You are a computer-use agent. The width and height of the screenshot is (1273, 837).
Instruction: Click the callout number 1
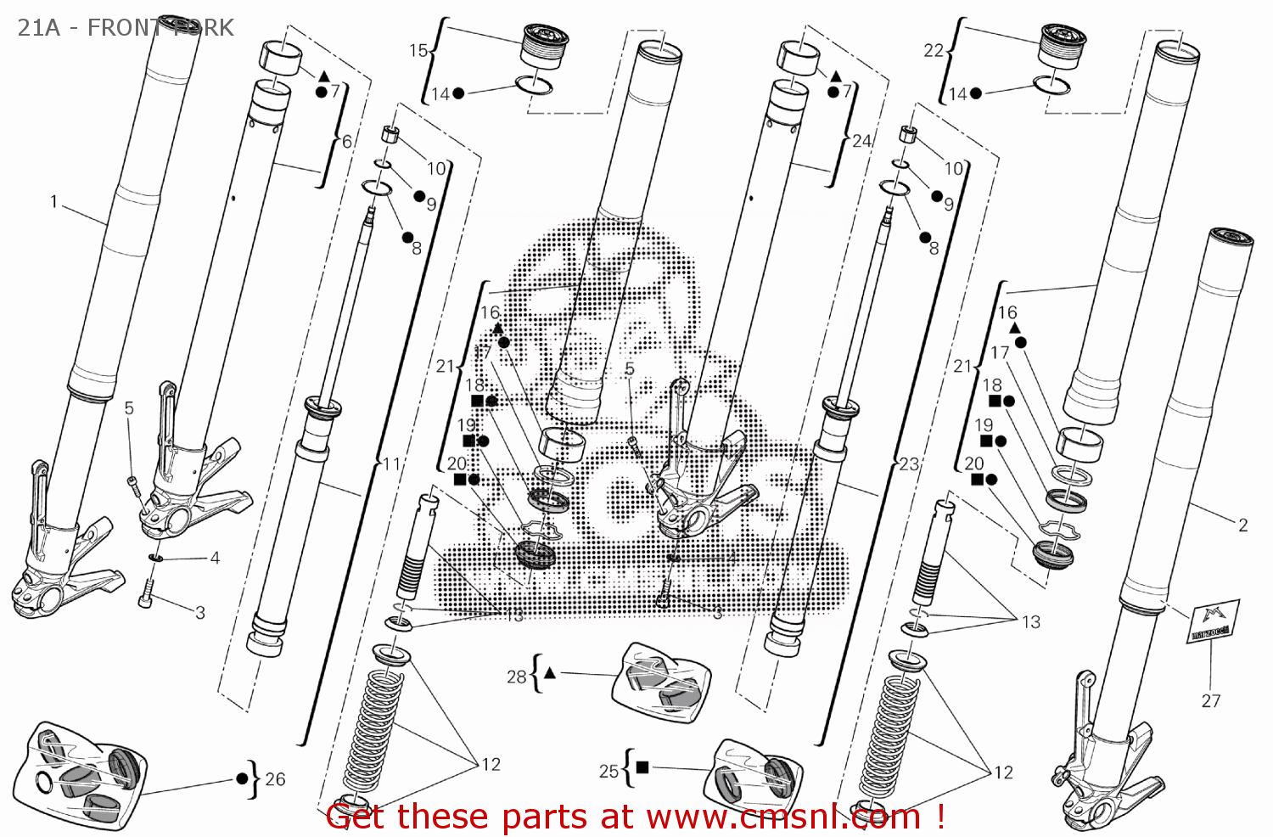click(x=53, y=202)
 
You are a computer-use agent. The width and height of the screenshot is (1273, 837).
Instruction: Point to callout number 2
click(x=1242, y=525)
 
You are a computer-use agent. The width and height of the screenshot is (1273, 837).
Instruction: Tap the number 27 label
click(x=1211, y=700)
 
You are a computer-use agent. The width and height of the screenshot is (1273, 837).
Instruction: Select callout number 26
click(x=275, y=778)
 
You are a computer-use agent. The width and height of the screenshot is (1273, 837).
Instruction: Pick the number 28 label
click(x=516, y=677)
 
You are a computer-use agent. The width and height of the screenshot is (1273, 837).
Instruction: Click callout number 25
click(x=608, y=771)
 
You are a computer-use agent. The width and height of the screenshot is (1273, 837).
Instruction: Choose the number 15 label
click(x=418, y=51)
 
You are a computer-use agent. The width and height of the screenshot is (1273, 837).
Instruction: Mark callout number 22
click(x=933, y=51)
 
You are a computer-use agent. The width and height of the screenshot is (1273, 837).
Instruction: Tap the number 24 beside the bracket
click(x=861, y=141)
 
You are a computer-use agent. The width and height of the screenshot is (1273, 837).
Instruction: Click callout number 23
click(x=909, y=464)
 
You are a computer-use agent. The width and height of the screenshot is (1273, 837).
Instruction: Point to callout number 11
click(x=391, y=464)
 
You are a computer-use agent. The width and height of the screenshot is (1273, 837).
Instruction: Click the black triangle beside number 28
click(x=549, y=673)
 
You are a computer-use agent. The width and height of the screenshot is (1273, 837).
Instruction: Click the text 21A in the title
click(x=39, y=28)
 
